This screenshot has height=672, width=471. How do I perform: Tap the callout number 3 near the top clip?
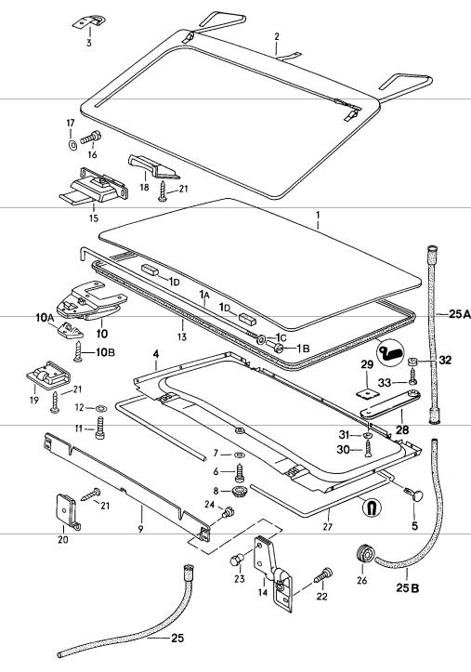point(89,43)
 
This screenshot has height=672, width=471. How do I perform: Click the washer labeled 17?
point(72,146)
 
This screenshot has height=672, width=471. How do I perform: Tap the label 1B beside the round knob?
point(303,349)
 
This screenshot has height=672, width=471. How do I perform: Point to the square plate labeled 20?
point(63,507)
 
